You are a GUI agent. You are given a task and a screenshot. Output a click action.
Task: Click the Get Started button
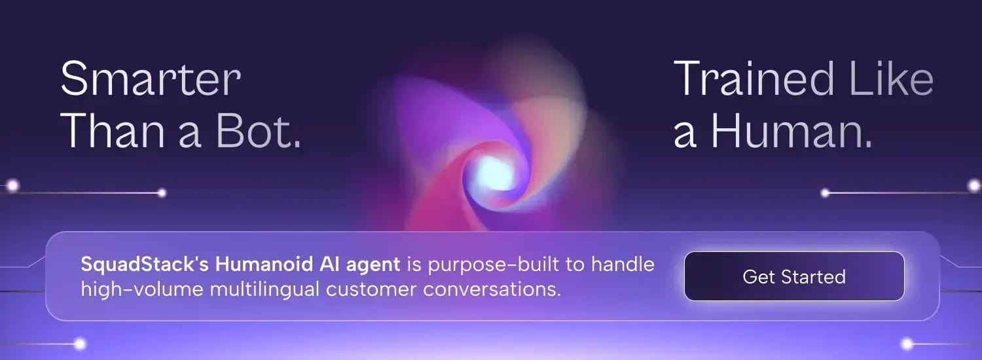point(794,276)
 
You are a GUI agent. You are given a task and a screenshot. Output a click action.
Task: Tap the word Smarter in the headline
point(151,80)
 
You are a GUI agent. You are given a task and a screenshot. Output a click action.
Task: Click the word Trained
point(754,80)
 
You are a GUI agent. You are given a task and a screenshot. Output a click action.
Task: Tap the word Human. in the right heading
point(792,132)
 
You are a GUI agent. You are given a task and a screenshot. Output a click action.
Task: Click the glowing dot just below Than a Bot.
point(162,193)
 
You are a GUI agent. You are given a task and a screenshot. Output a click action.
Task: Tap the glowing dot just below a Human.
point(826,193)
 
